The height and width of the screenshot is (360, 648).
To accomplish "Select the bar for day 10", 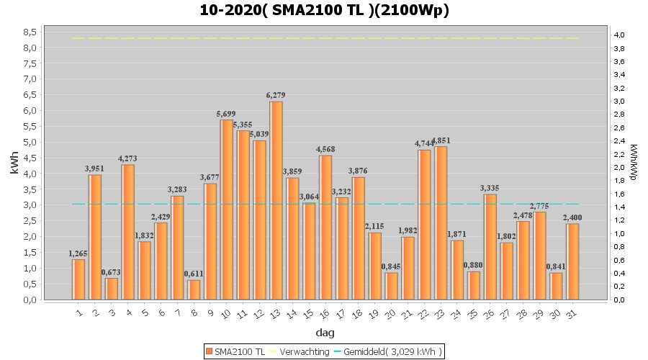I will tap(227, 210).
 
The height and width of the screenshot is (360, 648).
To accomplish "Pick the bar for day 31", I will tap(572, 261).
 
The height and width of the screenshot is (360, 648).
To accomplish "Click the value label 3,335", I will tap(490, 188).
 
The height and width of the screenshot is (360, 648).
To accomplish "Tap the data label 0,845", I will tap(392, 266).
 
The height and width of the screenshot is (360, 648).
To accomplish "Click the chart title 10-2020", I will tap(324, 10).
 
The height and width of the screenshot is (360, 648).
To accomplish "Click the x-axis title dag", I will tap(324, 333).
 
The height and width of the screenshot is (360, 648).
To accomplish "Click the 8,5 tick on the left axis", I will tap(30, 32).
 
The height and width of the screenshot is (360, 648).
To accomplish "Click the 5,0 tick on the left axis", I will tap(30, 142).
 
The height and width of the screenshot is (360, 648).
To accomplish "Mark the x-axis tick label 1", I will tap(79, 313).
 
